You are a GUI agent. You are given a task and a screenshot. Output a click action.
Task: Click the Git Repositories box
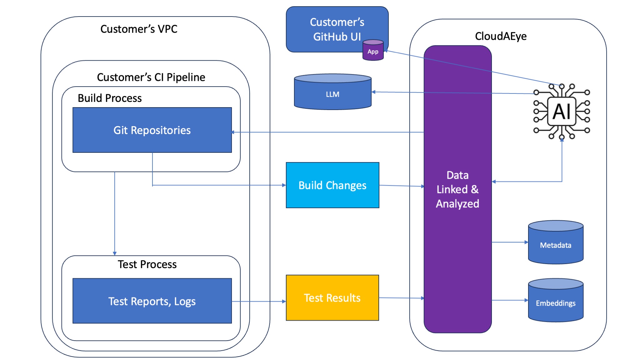click(152, 130)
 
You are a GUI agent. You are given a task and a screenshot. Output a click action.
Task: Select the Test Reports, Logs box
click(152, 301)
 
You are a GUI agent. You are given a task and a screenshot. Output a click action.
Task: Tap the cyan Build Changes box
click(332, 185)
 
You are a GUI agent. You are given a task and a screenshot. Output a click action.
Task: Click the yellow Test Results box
click(332, 297)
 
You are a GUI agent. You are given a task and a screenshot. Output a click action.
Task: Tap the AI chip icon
click(562, 111)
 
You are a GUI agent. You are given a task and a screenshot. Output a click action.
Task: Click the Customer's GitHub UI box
click(331, 29)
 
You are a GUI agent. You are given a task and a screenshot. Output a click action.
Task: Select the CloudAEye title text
click(501, 36)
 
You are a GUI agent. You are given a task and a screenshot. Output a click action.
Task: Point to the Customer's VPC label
click(139, 29)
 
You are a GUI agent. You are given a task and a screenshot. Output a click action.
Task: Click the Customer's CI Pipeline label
click(151, 77)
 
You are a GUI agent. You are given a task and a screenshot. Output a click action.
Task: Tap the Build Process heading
click(110, 98)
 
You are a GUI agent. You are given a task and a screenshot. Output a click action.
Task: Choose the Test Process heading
click(147, 264)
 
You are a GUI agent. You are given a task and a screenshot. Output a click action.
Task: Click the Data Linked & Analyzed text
click(457, 189)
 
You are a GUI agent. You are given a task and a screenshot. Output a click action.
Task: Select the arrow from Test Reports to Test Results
click(259, 302)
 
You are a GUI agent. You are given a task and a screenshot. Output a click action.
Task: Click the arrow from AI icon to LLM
click(453, 92)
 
